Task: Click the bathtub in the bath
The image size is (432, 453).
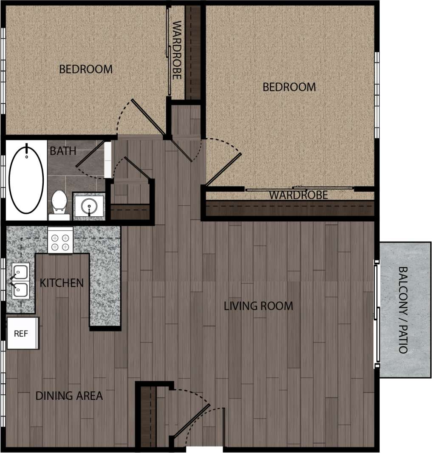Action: click(26, 179)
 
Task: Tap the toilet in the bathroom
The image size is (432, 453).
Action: click(59, 202)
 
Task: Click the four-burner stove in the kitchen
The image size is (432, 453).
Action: click(60, 241)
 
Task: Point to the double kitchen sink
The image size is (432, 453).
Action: click(19, 281)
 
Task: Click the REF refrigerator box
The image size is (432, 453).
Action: click(22, 334)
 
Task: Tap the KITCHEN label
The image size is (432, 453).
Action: click(62, 283)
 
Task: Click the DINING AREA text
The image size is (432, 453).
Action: click(69, 396)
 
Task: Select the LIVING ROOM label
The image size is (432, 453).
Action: click(258, 306)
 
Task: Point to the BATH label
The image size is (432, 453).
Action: click(63, 151)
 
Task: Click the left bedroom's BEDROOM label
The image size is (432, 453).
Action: click(86, 69)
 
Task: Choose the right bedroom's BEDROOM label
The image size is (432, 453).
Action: click(289, 87)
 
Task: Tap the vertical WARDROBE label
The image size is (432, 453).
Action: click(177, 50)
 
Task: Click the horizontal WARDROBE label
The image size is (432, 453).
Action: click(299, 195)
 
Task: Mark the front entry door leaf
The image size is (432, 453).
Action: click(191, 422)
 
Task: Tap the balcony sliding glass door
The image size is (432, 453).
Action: click(376, 314)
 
